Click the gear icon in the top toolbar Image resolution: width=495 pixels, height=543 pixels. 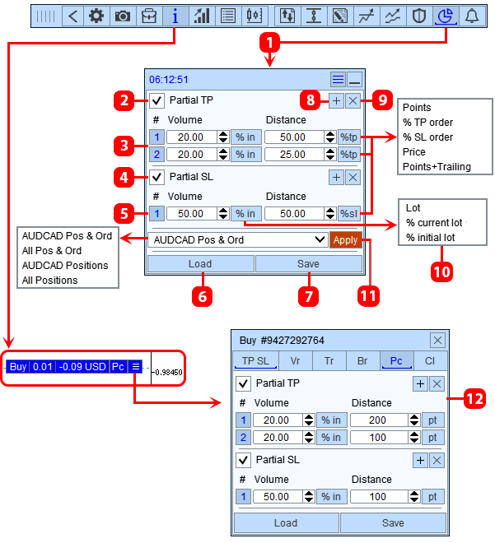point(96,16)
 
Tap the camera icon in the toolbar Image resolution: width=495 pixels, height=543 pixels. point(123,16)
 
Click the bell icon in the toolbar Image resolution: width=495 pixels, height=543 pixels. point(472,16)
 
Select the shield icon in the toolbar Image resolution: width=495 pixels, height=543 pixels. point(418,16)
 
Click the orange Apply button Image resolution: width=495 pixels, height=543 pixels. point(346,240)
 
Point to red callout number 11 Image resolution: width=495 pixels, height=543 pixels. point(368,296)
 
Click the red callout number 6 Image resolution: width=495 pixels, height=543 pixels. point(203,296)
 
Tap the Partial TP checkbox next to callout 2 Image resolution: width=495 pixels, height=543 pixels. point(156,100)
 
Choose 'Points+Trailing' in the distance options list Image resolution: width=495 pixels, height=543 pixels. point(437,167)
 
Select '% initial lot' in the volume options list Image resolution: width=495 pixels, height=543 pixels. point(430,238)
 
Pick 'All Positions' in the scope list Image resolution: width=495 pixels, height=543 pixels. point(50,281)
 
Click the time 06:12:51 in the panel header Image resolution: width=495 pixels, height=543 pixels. point(169,80)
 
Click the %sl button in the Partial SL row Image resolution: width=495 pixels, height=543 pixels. point(349,214)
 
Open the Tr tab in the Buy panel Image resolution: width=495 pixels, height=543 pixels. point(329,361)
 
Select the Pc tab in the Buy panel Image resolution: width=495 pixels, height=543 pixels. point(396,361)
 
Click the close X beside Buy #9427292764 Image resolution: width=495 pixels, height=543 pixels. point(437,341)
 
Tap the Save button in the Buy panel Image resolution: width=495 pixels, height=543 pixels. point(393,523)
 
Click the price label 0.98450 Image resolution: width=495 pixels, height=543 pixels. point(169,372)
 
